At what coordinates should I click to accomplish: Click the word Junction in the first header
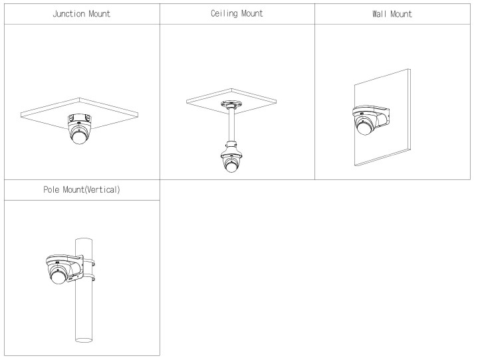pos(69,14)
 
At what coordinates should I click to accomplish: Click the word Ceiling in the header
pos(224,14)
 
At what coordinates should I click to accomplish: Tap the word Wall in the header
pos(380,14)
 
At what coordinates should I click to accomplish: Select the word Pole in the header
pos(51,190)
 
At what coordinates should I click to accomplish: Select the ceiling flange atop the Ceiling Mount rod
pos(231,104)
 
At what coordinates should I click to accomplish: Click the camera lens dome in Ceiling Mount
pos(231,167)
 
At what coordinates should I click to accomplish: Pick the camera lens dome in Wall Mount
pos(364,128)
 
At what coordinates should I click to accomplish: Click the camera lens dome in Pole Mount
pos(58,278)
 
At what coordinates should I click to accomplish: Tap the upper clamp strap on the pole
pos(88,262)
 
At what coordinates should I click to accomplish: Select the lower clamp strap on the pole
pos(88,277)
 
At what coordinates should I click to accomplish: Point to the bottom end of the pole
pos(84,340)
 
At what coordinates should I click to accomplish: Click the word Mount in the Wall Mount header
pos(401,14)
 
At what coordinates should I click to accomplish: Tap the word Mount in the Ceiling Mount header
pos(252,14)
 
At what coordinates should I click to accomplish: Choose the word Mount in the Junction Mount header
pos(99,14)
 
